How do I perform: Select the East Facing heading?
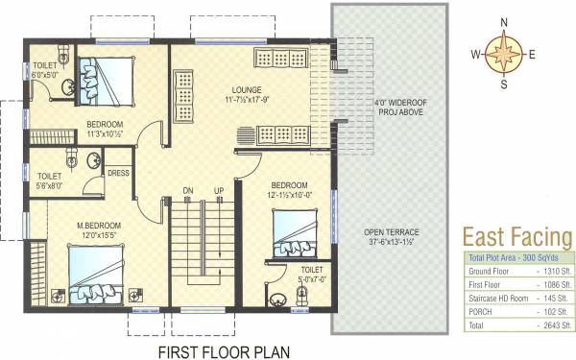(x=517, y=237)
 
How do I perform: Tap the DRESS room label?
(x=118, y=174)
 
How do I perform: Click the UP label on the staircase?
(x=219, y=191)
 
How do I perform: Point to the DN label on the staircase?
(x=188, y=191)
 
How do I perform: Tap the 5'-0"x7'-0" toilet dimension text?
(x=311, y=279)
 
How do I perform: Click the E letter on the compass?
(x=531, y=54)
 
